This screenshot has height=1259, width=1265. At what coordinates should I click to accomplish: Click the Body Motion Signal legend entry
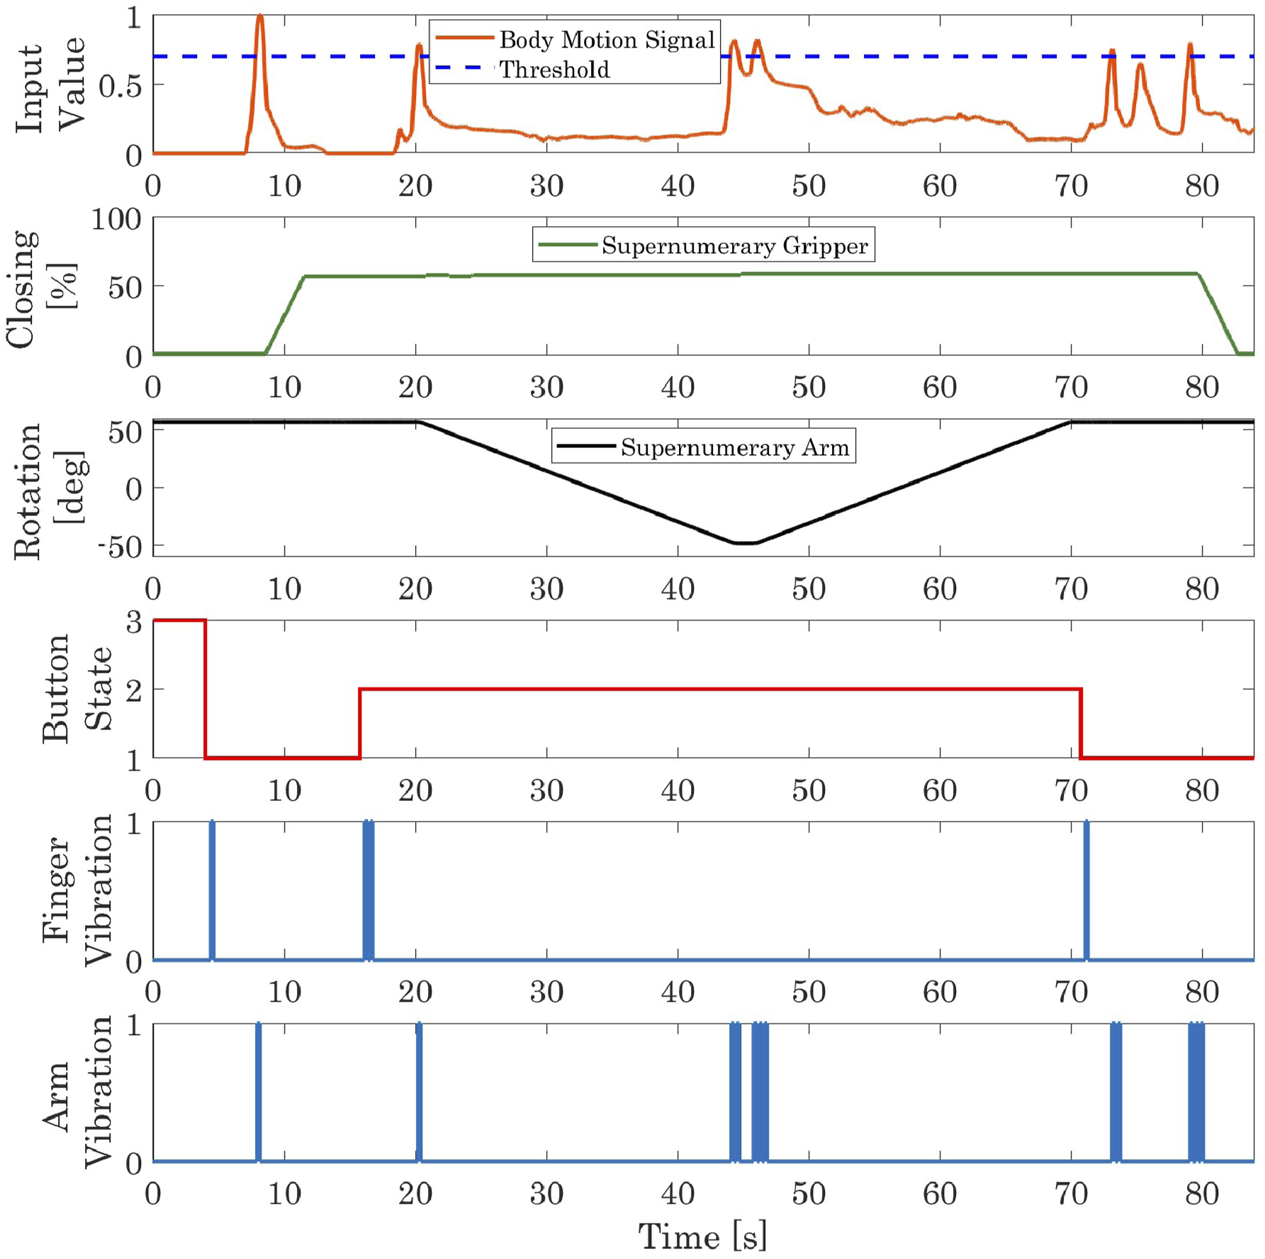point(575,40)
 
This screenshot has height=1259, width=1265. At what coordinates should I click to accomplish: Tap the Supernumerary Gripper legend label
point(703,245)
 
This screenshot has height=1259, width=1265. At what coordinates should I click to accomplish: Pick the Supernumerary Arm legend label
point(703,447)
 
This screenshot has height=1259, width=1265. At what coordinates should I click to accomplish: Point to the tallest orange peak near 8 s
point(260,15)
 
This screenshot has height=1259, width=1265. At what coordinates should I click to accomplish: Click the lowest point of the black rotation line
point(744,543)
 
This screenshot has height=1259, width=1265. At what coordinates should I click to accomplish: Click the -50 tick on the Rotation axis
point(123,547)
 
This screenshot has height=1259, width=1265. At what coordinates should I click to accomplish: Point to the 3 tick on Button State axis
point(133,622)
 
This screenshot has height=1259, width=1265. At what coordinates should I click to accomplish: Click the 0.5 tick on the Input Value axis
point(121,86)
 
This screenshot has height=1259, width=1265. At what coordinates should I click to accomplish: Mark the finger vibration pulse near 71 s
point(1086,891)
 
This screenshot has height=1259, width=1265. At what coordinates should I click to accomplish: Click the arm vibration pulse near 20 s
point(420,1092)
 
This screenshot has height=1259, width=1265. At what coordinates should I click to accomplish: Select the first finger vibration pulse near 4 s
point(212,891)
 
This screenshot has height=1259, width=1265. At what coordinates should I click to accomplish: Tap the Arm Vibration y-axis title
point(77,1092)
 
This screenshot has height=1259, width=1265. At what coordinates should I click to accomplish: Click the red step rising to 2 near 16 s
point(360,723)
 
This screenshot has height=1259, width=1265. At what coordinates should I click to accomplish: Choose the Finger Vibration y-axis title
point(77,890)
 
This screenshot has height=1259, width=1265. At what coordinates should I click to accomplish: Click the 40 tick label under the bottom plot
point(678,1194)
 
